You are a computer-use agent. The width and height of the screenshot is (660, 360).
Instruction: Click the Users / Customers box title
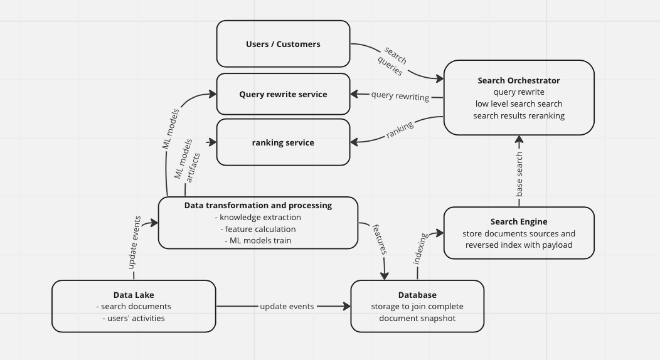(283, 44)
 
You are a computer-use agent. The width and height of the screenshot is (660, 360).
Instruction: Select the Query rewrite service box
(283, 94)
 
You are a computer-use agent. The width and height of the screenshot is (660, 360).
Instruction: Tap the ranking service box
(283, 142)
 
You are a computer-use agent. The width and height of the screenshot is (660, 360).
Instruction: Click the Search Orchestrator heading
(518, 80)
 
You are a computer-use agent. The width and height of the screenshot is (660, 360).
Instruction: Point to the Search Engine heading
(518, 221)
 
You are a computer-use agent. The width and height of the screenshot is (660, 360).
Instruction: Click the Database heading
(417, 295)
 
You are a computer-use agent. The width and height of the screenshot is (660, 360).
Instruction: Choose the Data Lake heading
(134, 295)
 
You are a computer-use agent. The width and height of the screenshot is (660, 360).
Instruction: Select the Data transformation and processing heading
(258, 205)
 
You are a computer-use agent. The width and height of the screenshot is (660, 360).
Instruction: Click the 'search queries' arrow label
(393, 61)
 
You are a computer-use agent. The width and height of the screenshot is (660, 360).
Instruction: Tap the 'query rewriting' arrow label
(400, 96)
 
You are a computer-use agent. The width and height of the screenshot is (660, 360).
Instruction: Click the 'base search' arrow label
(519, 174)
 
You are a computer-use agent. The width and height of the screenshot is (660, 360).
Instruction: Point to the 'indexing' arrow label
(420, 248)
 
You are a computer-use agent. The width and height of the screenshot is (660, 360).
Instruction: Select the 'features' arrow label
(380, 238)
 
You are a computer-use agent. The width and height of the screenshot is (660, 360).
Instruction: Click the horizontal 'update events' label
(287, 306)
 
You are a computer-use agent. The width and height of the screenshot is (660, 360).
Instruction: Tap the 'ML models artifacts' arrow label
(187, 165)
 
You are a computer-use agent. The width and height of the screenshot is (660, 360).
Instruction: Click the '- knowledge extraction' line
(258, 217)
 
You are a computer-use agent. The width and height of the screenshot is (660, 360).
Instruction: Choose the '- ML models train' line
(258, 240)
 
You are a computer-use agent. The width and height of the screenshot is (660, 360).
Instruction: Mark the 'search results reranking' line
(518, 115)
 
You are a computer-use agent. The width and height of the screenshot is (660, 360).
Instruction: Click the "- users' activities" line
(134, 318)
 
